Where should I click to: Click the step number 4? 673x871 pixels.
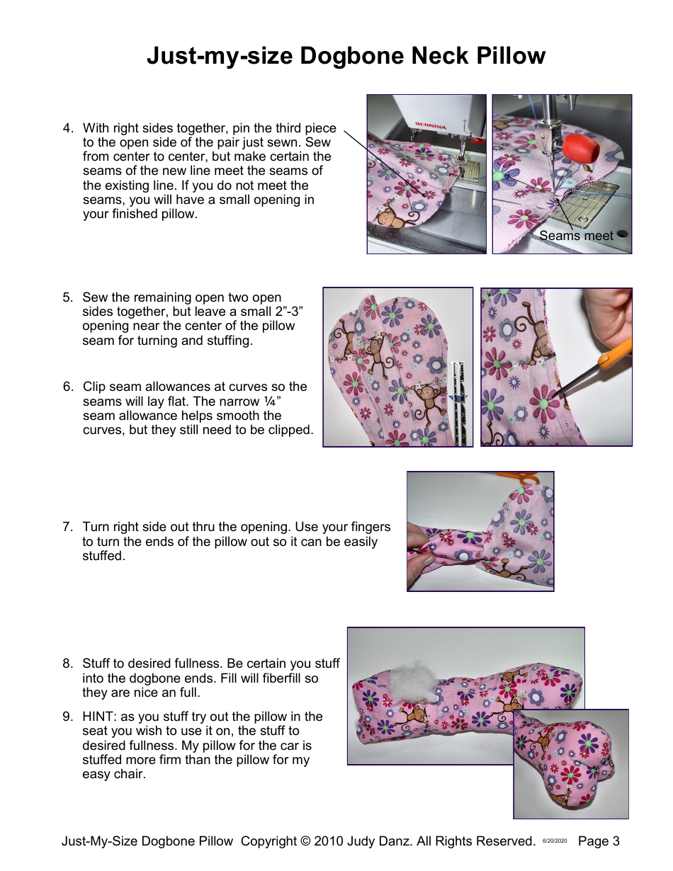tap(67, 128)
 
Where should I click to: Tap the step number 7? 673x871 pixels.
tap(67, 527)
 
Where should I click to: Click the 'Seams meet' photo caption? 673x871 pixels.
tap(576, 236)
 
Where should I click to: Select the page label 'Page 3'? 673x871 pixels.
tap(599, 841)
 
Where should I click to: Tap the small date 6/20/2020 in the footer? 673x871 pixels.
tap(555, 841)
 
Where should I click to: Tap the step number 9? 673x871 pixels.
tap(67, 717)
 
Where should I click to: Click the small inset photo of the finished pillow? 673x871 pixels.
tap(571, 763)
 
